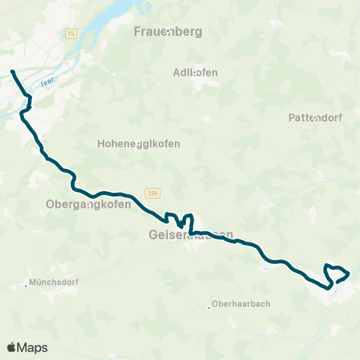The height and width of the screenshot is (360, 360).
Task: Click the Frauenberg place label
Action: pos(169,31)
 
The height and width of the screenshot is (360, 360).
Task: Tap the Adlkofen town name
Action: pos(195,73)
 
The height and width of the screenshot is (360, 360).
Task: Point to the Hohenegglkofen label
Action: pos(139,144)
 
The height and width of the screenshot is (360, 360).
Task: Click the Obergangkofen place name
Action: pos(88,204)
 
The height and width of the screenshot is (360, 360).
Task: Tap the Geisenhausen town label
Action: pos(185,235)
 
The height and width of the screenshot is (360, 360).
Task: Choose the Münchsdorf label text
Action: pos(54,283)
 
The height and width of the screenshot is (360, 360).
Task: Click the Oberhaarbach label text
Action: pos(241,304)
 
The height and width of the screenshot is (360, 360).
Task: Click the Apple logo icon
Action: pos(11,347)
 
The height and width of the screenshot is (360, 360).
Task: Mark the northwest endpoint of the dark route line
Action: pos(12,71)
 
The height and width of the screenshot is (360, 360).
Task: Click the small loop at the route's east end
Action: pos(337,273)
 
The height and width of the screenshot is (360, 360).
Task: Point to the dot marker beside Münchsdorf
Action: pos(26,284)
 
